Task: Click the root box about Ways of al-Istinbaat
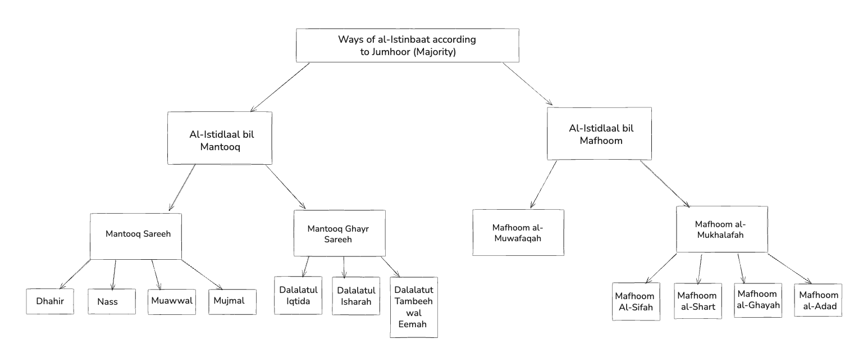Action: click(x=407, y=45)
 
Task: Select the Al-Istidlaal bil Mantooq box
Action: click(x=220, y=138)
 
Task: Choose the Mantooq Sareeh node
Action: click(x=136, y=236)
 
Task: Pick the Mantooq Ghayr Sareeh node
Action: click(x=340, y=233)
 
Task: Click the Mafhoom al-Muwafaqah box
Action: click(x=518, y=233)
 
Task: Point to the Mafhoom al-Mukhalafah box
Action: click(x=722, y=229)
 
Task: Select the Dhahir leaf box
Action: click(x=50, y=301)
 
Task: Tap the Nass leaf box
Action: click(x=111, y=302)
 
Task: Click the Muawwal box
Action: click(x=172, y=301)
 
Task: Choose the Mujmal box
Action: click(x=232, y=301)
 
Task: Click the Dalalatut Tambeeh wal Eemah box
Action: click(x=414, y=307)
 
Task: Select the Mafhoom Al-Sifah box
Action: click(x=636, y=301)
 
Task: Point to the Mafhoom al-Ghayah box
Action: click(x=757, y=300)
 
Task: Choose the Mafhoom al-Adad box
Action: click(x=818, y=300)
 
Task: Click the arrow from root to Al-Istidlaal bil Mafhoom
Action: click(x=527, y=83)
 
